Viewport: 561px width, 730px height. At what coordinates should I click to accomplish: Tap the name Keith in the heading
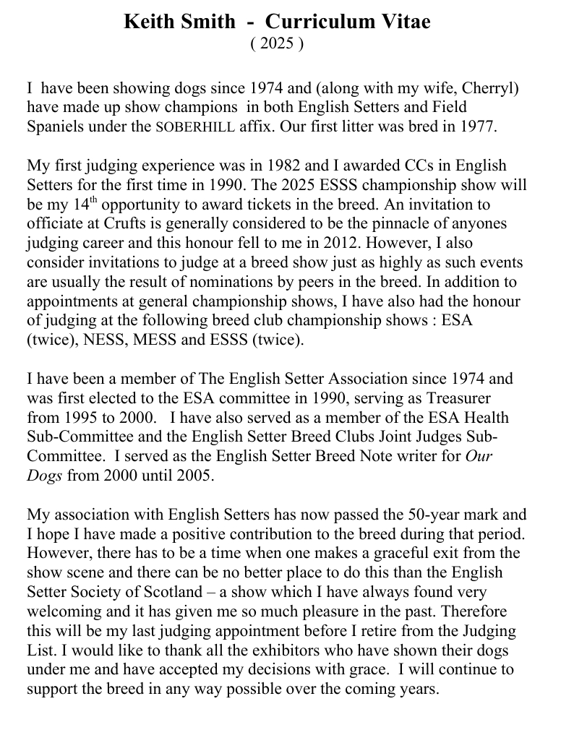click(150, 22)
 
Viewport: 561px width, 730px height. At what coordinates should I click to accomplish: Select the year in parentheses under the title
click(277, 43)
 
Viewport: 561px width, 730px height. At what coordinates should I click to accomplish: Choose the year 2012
click(335, 243)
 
